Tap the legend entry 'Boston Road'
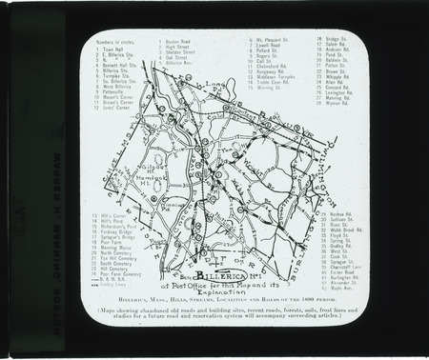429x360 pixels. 181,43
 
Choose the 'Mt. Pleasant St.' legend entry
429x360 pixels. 266,43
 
